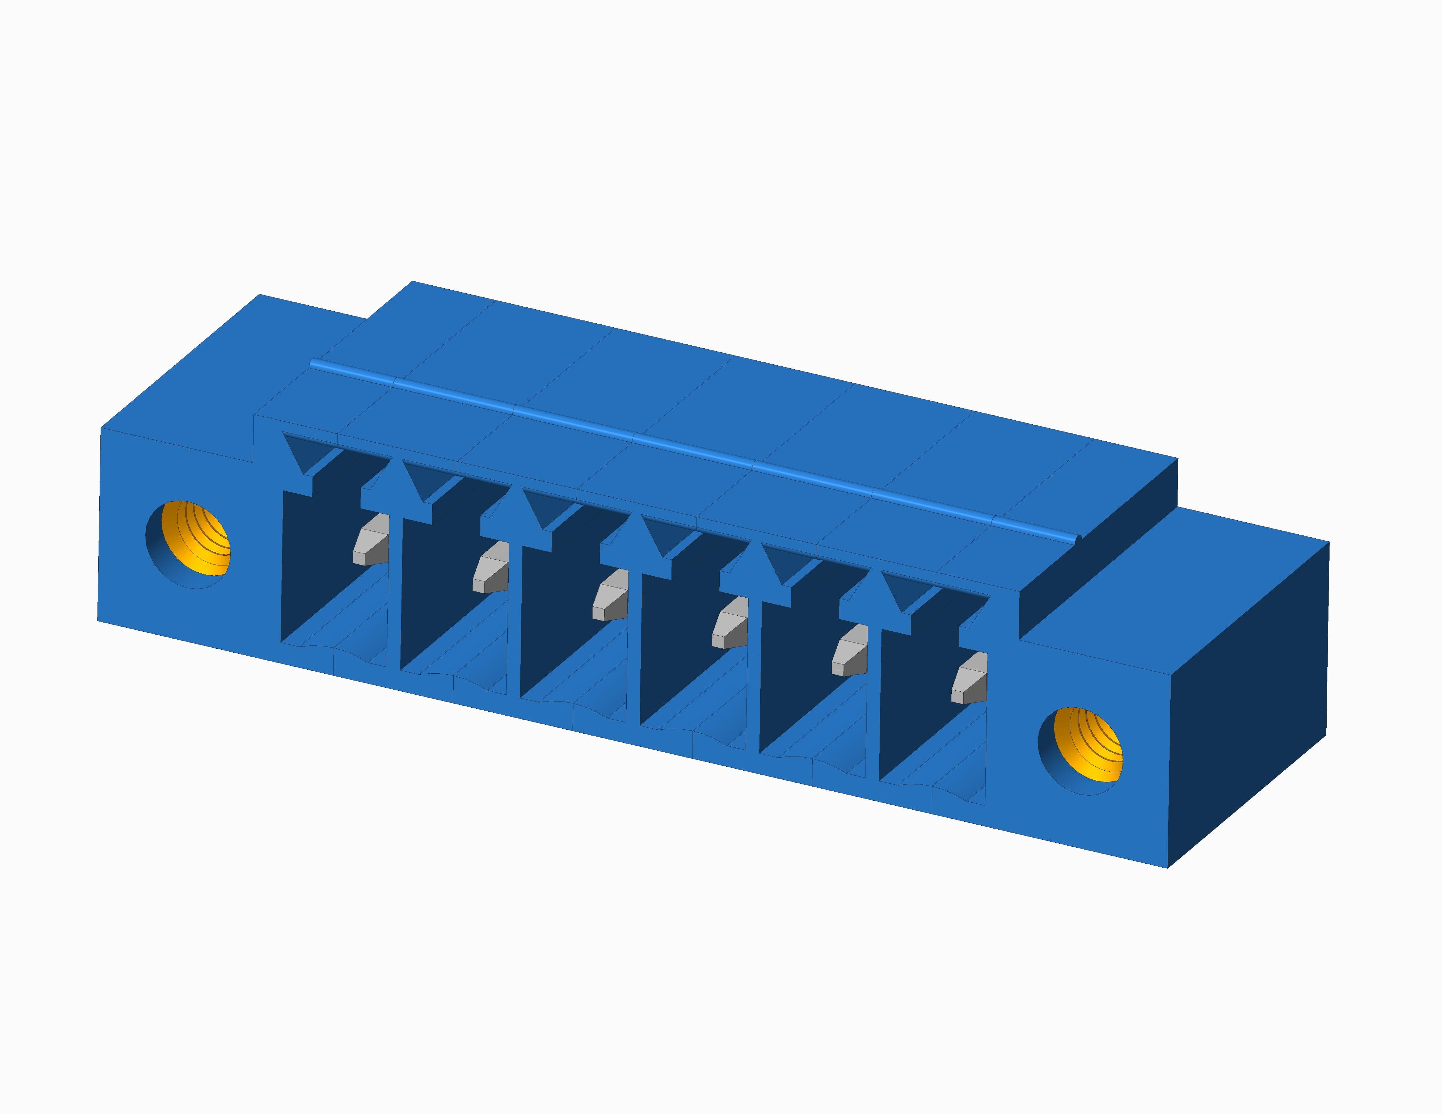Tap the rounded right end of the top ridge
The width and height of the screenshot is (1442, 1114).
tap(1078, 540)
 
